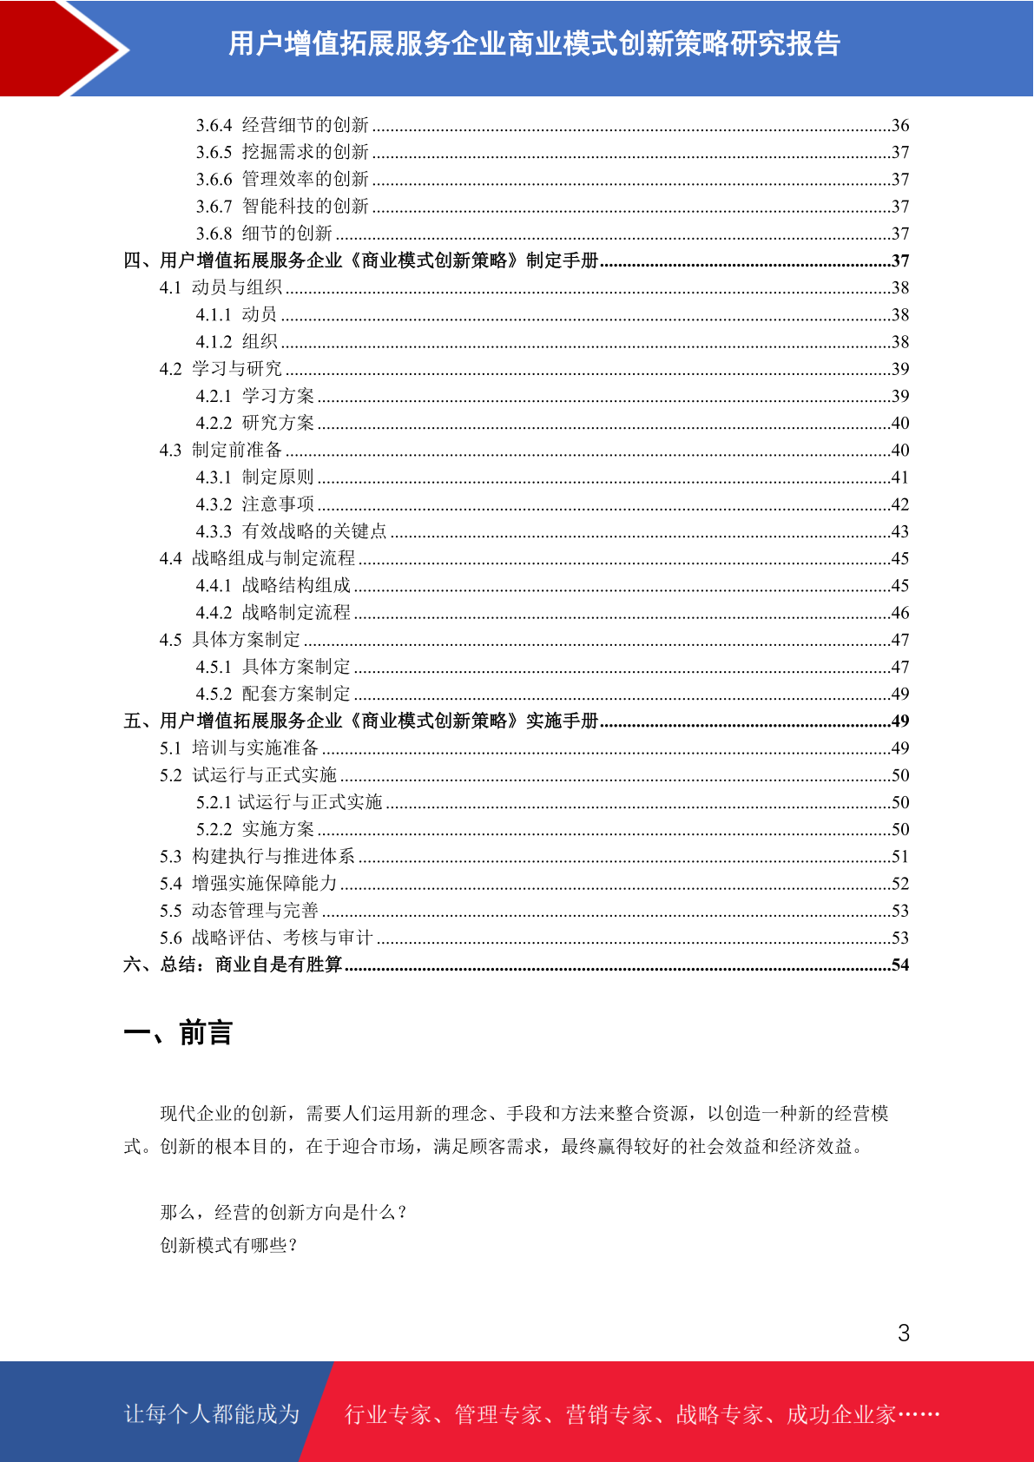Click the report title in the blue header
[534, 43]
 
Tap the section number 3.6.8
[214, 234]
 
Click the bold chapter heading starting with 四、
[361, 260]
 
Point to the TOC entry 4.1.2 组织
[236, 342]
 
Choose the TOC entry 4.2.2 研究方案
[254, 423]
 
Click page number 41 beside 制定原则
[899, 477]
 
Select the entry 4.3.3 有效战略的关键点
[291, 531]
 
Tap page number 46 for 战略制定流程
[899, 613]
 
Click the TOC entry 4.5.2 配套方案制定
[273, 694]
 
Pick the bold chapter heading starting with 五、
[361, 721]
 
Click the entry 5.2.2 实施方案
[254, 829]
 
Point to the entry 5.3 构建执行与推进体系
[257, 856]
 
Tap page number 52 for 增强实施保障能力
[899, 884]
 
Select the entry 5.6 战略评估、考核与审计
[266, 938]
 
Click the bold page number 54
[899, 965]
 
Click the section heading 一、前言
[178, 1033]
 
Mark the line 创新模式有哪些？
[230, 1245]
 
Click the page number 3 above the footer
[904, 1333]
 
